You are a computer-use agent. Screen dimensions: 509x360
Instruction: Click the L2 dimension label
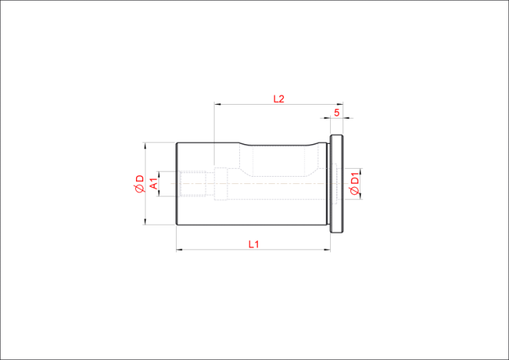tap(278, 99)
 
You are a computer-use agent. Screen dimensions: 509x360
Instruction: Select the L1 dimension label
tap(254, 244)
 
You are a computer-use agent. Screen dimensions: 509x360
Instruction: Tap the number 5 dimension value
tap(337, 113)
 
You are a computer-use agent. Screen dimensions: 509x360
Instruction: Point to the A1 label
tap(155, 184)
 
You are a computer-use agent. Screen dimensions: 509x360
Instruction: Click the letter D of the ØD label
tap(140, 178)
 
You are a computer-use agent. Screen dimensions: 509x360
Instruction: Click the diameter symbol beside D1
tap(356, 191)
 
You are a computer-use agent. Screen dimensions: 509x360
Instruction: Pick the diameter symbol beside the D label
tap(140, 188)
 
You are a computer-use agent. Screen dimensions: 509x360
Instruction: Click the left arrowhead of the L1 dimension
tap(179, 249)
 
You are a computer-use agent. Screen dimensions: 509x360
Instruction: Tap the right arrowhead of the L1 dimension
tap(327, 249)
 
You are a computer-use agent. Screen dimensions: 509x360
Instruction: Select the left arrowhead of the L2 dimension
tap(217, 104)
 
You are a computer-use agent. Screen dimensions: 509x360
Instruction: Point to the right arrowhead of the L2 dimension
tap(340, 104)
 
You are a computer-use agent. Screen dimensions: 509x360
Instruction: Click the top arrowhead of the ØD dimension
tap(145, 145)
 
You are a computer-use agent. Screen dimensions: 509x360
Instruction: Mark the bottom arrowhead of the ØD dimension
tap(145, 221)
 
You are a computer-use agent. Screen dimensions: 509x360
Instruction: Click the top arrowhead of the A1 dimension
tap(159, 174)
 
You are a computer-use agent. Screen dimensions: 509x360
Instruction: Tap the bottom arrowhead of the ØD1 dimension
tap(361, 196)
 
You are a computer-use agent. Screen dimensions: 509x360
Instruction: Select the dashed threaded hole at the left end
tap(193, 184)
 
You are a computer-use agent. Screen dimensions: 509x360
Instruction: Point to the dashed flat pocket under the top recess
tap(278, 161)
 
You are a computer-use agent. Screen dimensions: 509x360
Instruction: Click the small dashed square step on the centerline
tap(221, 184)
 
